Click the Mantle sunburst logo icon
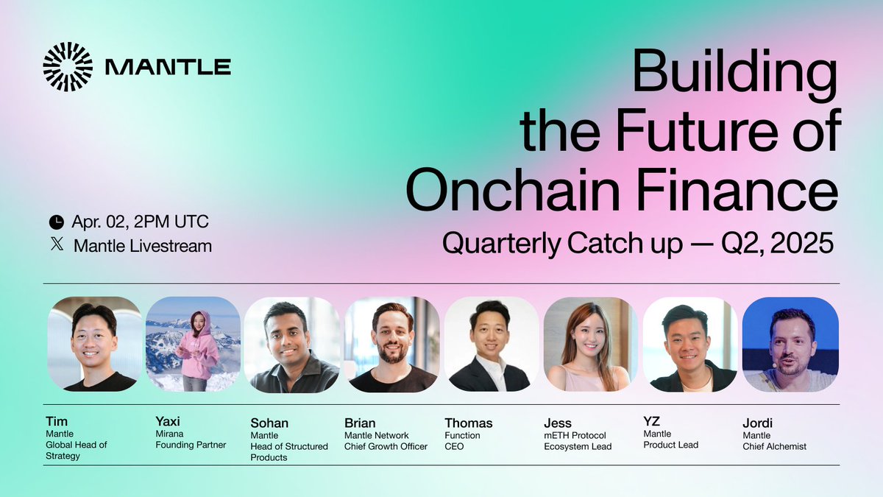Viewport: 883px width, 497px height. [68, 67]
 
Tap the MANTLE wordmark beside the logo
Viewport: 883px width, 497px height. [168, 68]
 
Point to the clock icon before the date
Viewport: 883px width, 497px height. [56, 222]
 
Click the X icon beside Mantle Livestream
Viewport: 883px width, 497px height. [57, 245]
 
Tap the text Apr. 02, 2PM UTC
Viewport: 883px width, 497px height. [140, 222]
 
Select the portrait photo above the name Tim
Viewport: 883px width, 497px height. [94, 343]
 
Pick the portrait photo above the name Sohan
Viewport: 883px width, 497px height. [292, 343]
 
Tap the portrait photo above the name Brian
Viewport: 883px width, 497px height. [391, 343]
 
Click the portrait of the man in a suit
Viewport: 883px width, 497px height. [490, 343]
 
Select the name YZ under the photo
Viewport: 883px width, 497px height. [652, 421]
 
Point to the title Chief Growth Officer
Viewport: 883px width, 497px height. [386, 446]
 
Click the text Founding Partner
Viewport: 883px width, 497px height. [191, 445]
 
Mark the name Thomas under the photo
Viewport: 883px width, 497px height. [468, 423]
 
